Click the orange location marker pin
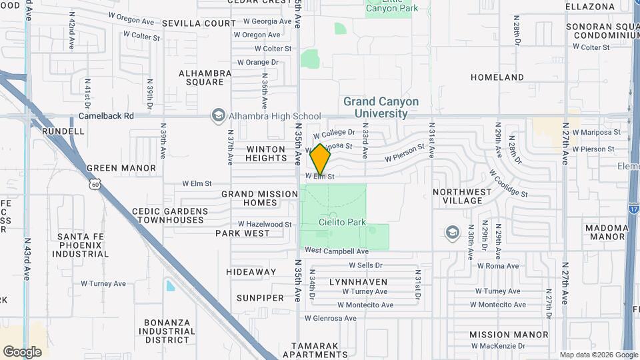click(321, 159)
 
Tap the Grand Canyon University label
click(381, 107)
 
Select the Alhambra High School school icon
click(218, 116)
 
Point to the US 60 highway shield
click(96, 181)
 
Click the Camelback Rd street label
click(107, 115)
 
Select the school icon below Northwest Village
click(453, 232)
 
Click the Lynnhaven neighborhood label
click(358, 282)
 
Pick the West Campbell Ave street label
click(337, 251)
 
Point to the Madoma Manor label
click(607, 232)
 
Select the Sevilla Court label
click(188, 23)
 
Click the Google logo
click(22, 351)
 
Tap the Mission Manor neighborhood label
click(508, 335)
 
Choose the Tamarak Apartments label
click(319, 350)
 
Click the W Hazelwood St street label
click(265, 225)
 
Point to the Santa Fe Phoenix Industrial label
click(83, 245)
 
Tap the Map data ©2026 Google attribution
click(598, 355)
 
